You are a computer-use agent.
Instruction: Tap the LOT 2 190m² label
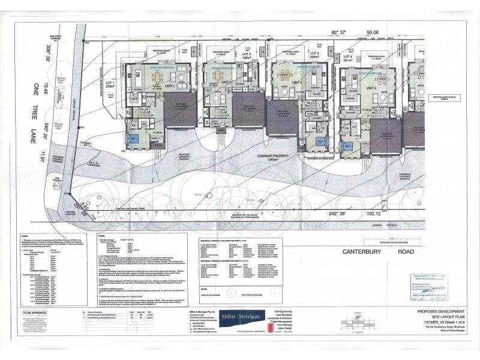226,56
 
